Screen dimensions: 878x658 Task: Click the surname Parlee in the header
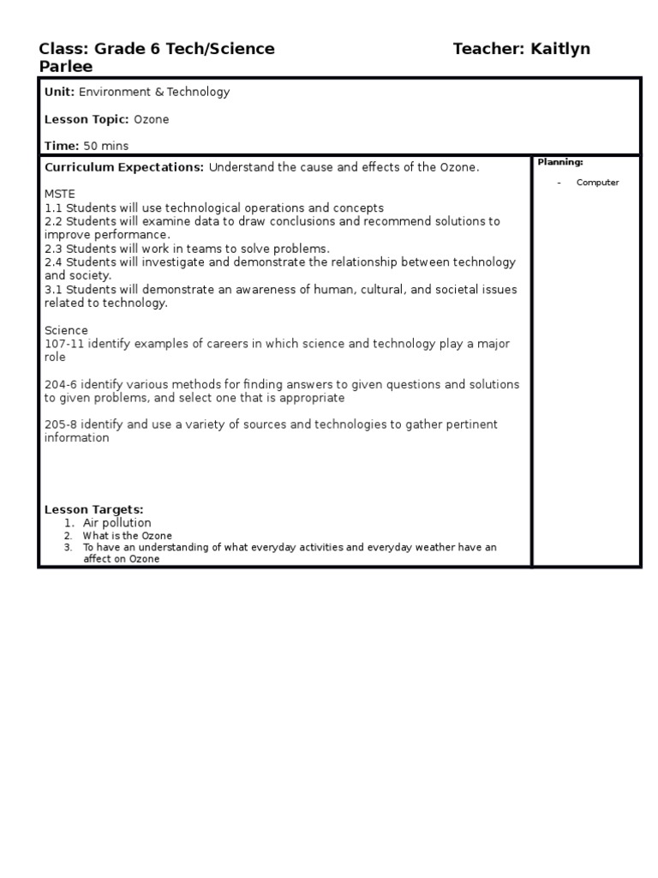(x=66, y=67)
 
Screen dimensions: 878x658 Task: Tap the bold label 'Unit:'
(x=59, y=92)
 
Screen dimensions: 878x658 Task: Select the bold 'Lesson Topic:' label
(x=87, y=119)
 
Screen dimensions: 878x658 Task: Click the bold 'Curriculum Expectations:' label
(x=124, y=167)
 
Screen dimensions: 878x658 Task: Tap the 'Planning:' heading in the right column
(x=560, y=162)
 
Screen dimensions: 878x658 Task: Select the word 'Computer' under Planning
(x=597, y=183)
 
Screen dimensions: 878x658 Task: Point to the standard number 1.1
(x=53, y=208)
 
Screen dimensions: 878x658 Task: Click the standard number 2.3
(x=53, y=249)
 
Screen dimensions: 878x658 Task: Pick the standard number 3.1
(x=53, y=290)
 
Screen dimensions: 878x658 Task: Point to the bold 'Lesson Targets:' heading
(x=94, y=509)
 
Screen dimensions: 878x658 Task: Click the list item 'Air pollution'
(x=117, y=523)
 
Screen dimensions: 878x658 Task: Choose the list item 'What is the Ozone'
(x=127, y=536)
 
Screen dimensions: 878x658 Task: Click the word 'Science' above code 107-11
(x=66, y=330)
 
